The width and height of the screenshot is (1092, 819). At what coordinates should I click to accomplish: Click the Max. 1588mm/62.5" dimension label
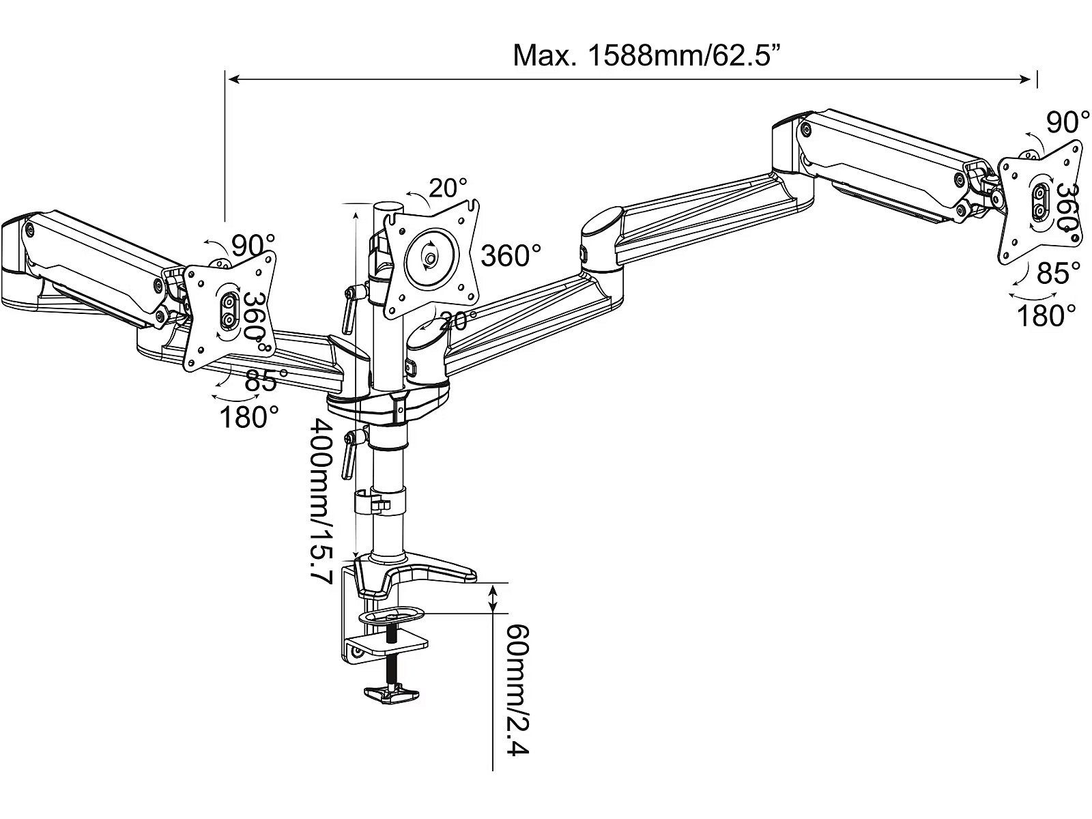pos(646,56)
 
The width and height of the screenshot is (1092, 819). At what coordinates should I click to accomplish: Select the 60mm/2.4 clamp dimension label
pos(517,689)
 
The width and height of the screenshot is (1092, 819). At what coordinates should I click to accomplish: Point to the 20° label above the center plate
pos(448,188)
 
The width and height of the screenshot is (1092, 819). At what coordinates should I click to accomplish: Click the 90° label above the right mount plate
pos(1067,123)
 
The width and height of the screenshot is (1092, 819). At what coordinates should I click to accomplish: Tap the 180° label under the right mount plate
pos(1046,316)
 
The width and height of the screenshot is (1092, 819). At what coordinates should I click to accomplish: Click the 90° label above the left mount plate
pos(253,244)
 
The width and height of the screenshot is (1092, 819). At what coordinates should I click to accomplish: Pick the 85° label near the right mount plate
pos(1058,274)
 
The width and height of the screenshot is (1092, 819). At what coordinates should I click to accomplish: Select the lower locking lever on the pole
pos(349,450)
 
